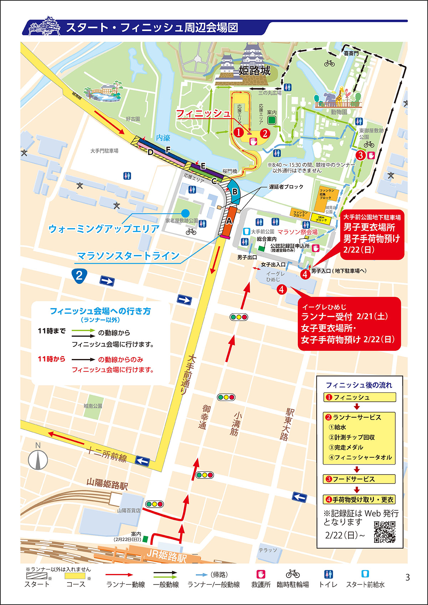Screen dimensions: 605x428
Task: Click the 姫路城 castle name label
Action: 254,71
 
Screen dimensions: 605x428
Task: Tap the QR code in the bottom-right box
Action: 384,532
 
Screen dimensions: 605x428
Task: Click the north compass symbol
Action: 38,459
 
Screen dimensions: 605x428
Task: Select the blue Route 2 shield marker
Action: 79,275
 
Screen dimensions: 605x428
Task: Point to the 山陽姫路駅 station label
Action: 107,484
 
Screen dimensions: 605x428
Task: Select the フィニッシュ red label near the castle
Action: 204,114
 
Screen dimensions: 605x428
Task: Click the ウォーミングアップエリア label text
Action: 103,229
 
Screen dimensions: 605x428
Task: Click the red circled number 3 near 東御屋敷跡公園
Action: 361,155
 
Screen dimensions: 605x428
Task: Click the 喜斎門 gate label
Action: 351,53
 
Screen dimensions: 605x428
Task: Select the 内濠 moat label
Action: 163,138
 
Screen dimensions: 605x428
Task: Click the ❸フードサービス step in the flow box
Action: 359,479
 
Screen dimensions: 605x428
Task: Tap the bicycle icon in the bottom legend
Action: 292,574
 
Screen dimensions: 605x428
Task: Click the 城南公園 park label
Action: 93,406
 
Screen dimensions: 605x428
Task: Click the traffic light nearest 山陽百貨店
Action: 155,504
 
